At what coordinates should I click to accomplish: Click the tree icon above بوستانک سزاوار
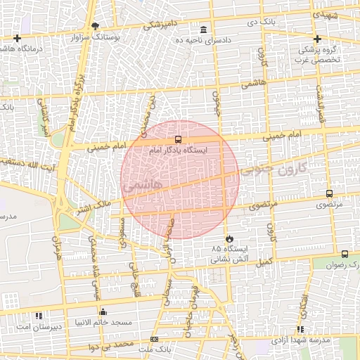[x=96, y=25]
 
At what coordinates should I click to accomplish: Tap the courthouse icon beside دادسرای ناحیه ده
[x=204, y=30]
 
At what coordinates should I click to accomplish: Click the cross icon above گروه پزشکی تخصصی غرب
[x=317, y=39]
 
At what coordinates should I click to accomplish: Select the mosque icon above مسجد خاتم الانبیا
[x=103, y=311]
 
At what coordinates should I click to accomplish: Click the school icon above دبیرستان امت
[x=39, y=316]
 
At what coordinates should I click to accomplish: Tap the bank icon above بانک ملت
[x=155, y=339]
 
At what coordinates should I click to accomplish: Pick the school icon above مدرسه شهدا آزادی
[x=300, y=329]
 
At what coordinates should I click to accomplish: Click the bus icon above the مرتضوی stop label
[x=329, y=193]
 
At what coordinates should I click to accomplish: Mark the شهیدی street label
[x=328, y=13]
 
